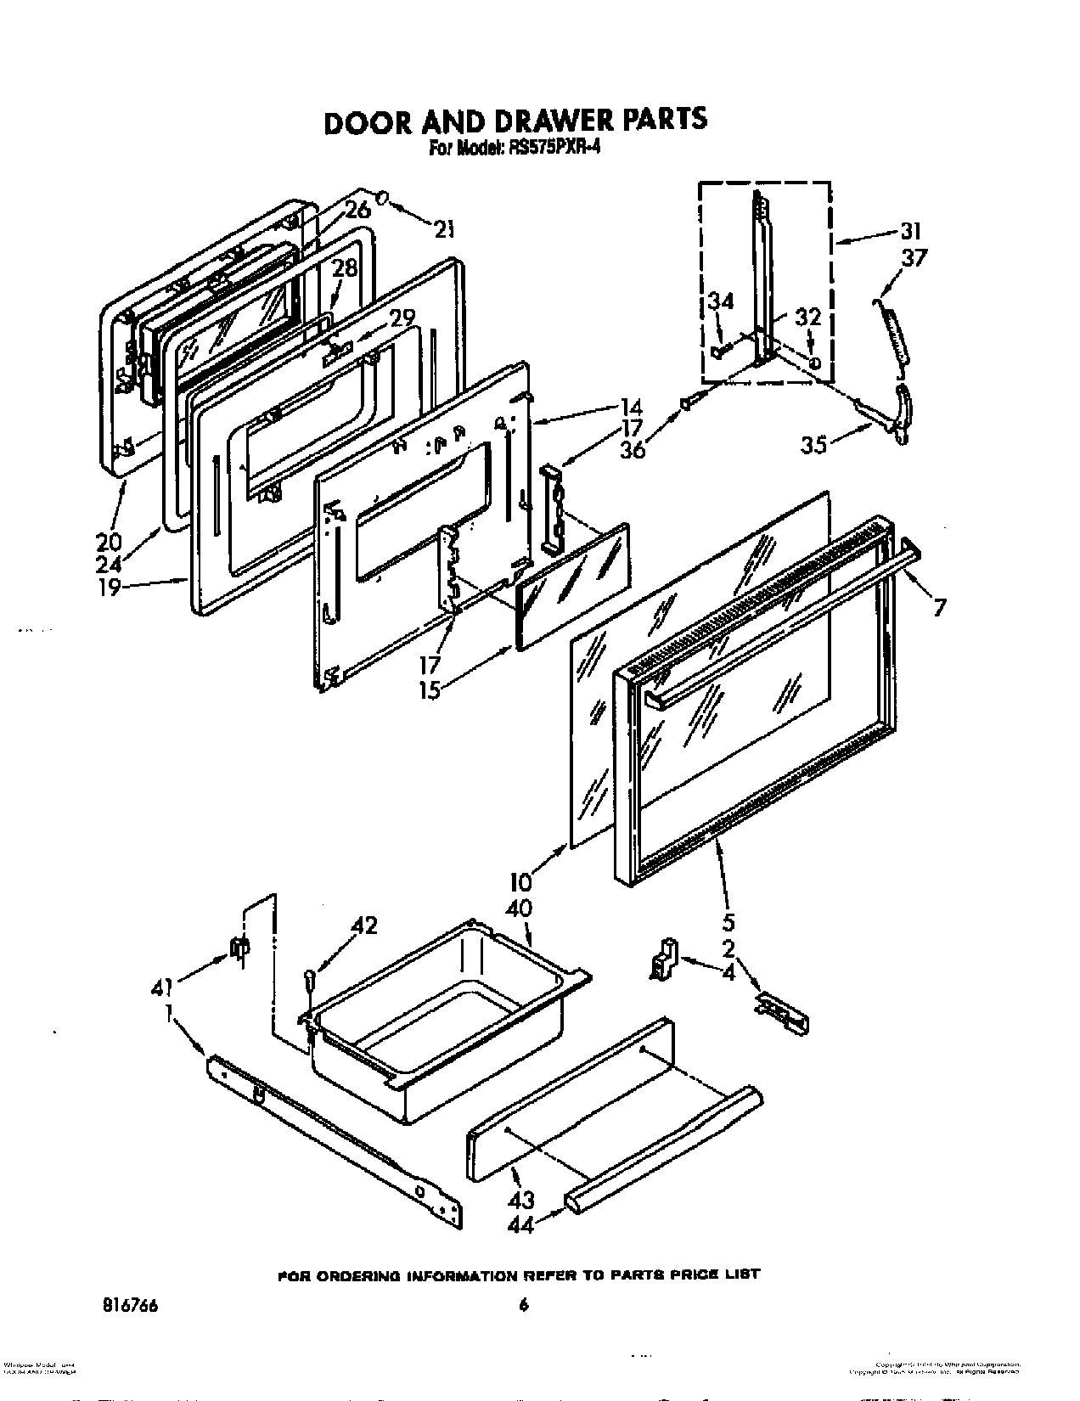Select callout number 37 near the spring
pyautogui.click(x=915, y=257)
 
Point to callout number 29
pyautogui.click(x=402, y=318)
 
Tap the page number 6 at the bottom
pyautogui.click(x=524, y=1307)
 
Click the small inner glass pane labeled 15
pyautogui.click(x=573, y=586)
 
